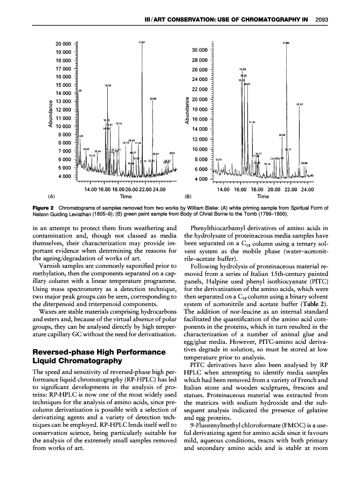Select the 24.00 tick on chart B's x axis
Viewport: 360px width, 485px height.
[307, 189]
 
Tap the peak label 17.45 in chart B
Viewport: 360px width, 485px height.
[252, 122]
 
